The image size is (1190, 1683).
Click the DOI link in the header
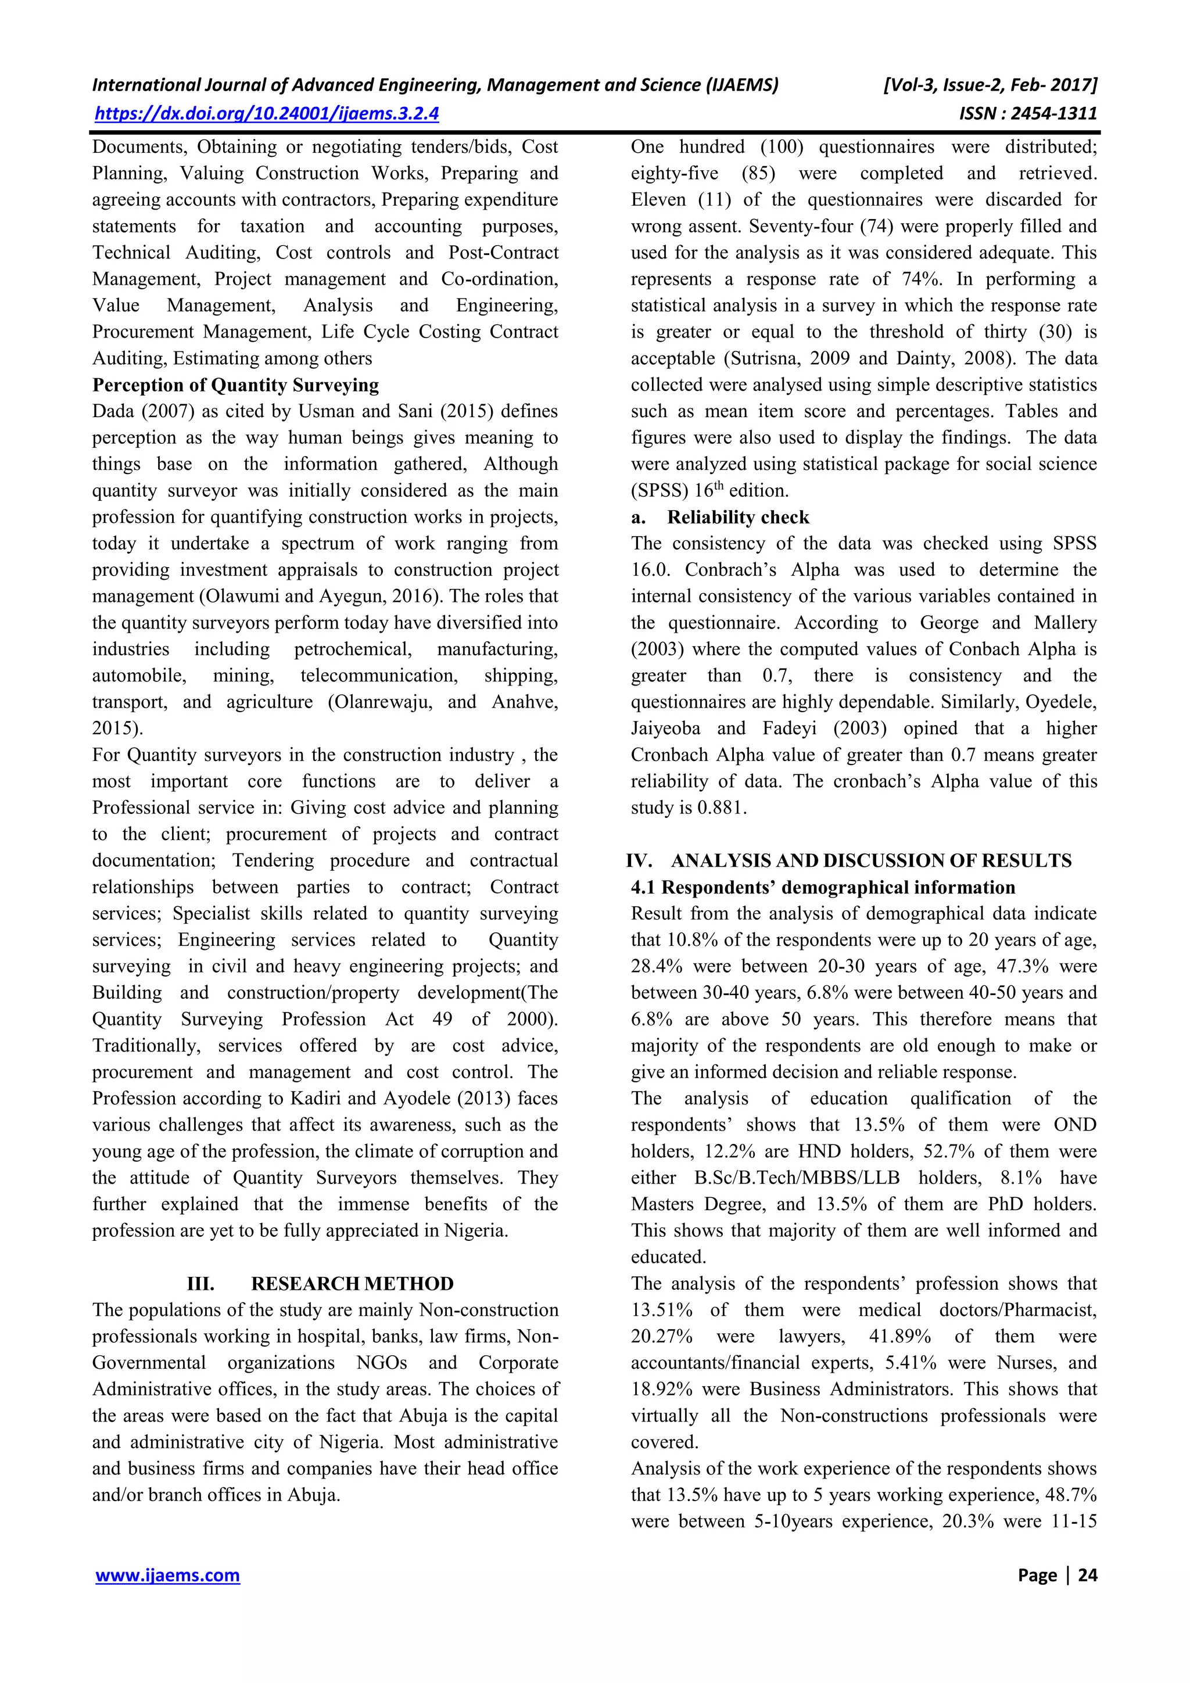click(x=267, y=114)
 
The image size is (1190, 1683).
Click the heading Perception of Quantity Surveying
click(x=235, y=386)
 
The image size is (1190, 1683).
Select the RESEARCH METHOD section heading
click(x=352, y=1283)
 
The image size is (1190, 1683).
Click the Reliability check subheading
click(x=737, y=518)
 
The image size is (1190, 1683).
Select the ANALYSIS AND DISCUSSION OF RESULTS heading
click(x=871, y=860)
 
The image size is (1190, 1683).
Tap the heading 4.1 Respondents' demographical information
click(x=823, y=888)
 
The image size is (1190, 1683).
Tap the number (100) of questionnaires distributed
click(x=782, y=146)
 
